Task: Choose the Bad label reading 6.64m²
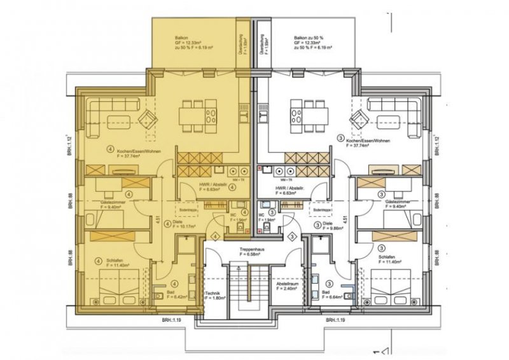point(336,294)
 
